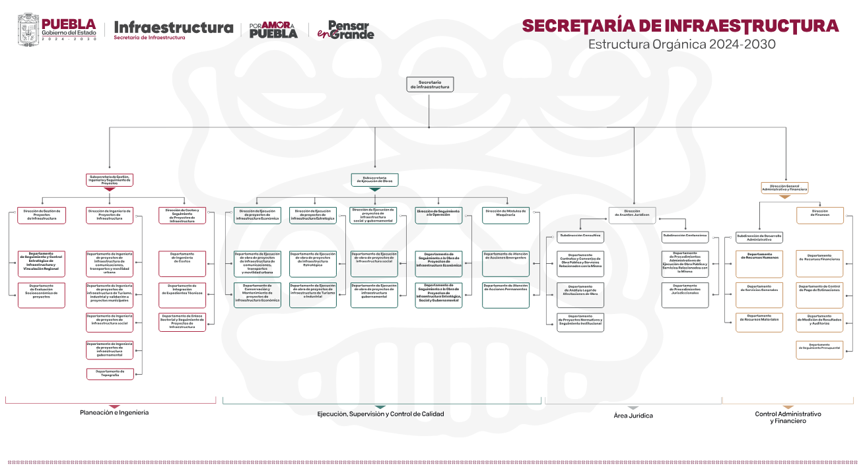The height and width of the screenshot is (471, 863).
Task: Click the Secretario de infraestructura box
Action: point(430,84)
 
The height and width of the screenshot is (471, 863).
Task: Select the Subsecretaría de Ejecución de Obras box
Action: point(374,179)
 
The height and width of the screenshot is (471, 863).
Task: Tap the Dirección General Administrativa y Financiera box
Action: point(784,187)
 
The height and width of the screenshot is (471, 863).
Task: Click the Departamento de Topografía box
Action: point(110,373)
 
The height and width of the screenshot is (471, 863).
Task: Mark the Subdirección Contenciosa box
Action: point(685,235)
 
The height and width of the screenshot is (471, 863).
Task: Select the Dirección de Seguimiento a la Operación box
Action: point(438,214)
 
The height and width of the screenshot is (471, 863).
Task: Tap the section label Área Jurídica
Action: point(633,416)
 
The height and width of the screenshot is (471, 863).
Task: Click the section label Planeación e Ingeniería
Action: point(114,412)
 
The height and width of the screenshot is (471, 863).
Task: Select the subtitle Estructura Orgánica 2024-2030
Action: point(681,44)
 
